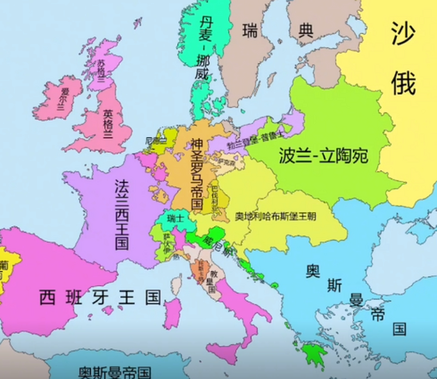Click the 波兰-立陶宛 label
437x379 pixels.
323,156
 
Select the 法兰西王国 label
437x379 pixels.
121,215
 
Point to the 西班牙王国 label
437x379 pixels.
101,297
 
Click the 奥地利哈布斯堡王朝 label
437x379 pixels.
275,216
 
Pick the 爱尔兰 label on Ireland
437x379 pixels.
63,99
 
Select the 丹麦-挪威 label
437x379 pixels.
204,47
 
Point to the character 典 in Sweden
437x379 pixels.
306,31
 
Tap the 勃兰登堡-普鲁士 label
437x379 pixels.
256,139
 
